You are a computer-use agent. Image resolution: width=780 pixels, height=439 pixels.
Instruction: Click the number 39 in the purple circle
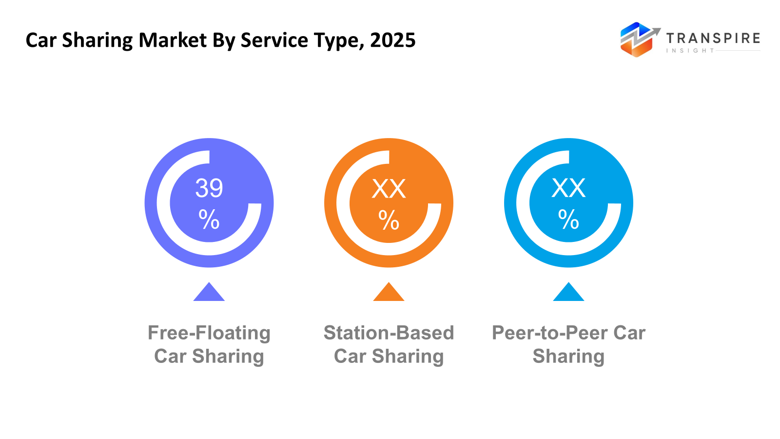209,188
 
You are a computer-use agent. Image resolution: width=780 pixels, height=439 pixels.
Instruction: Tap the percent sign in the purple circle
209,219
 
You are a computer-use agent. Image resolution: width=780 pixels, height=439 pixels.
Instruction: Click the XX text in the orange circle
389,189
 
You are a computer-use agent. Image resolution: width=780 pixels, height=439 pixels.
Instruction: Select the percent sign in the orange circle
389,220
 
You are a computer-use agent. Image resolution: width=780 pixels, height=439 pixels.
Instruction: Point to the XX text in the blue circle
568,188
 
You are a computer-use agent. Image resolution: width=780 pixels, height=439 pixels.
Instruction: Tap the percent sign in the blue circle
568,219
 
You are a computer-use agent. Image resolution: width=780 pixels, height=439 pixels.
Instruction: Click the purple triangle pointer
209,293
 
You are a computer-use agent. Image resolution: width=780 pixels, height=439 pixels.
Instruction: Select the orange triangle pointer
389,293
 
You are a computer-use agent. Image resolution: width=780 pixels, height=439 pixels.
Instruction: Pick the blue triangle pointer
568,293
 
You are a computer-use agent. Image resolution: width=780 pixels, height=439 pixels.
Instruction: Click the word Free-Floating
209,333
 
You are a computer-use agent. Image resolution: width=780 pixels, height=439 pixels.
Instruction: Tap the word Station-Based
389,333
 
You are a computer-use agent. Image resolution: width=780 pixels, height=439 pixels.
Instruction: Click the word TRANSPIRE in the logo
713,39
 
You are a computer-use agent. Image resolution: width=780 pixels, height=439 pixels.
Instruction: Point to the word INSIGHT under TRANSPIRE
690,51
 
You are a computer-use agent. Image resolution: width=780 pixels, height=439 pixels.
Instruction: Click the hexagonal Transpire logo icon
637,40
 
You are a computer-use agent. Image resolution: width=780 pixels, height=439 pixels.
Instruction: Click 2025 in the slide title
392,40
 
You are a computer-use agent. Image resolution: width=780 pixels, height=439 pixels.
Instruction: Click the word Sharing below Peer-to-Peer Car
568,357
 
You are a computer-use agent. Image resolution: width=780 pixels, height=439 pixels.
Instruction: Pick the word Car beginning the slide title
41,40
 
